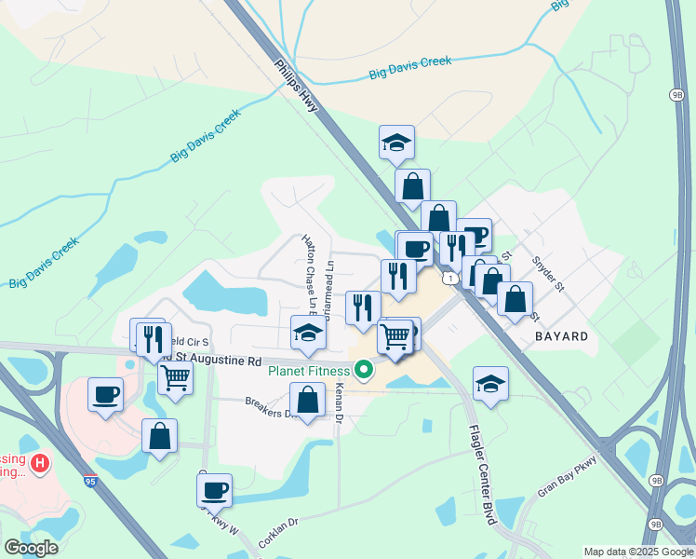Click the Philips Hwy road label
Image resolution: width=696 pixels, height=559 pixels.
pos(297,88)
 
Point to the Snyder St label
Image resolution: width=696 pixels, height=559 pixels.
pos(547,273)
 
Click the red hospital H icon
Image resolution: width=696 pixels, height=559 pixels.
pos(39,462)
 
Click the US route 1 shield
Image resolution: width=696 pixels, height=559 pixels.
pos(450,279)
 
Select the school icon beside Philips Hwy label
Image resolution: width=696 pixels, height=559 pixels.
pos(396,143)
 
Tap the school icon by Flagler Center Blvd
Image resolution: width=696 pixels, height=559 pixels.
pos(490,383)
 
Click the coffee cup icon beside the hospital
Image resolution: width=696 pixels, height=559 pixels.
pos(105,393)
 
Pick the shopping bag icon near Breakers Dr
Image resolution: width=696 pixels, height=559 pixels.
pos(307,400)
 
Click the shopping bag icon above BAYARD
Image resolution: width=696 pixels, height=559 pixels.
pos(515,299)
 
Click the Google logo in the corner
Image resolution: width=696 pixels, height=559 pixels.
pos(31,548)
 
